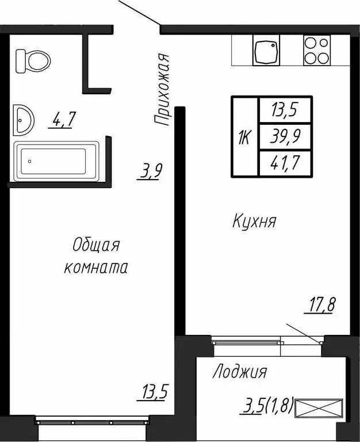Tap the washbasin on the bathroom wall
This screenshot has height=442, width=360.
23,120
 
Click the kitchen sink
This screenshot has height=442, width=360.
266,51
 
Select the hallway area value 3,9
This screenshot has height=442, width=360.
149,172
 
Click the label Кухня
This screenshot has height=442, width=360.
255,221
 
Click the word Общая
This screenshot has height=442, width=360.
95,246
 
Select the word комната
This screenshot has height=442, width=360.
95,268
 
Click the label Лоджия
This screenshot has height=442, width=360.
239,372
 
